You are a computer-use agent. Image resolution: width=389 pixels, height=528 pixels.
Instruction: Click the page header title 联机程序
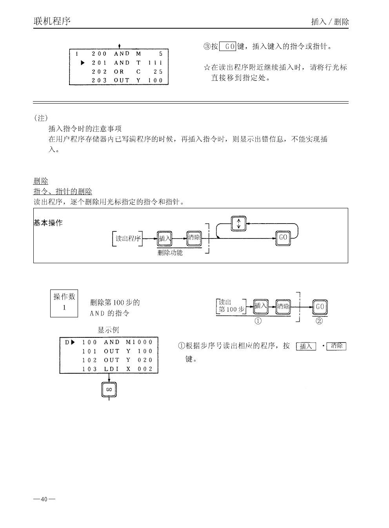[52, 21]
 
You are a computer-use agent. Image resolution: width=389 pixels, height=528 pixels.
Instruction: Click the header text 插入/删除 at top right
[329, 22]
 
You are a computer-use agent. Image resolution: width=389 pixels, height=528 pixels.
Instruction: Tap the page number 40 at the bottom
[44, 499]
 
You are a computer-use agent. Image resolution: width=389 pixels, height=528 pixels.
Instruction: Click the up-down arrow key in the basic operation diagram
[238, 223]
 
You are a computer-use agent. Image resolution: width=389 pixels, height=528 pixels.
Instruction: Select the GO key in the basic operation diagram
[283, 237]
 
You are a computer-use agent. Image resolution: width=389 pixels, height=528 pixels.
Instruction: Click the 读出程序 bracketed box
[127, 238]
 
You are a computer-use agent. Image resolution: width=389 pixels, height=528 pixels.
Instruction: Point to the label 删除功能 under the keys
[170, 253]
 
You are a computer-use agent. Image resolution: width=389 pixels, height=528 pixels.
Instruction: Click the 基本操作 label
[48, 223]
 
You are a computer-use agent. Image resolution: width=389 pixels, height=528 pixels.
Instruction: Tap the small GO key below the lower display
[109, 390]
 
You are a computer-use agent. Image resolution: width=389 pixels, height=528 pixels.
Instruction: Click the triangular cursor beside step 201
[83, 63]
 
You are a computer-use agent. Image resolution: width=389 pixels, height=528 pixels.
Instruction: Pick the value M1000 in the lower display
[139, 342]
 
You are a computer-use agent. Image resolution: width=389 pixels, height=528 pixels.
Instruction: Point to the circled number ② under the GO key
[319, 321]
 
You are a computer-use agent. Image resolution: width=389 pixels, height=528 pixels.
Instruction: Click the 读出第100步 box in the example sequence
[231, 306]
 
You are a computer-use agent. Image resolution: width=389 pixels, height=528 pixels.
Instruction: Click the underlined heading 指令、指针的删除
[63, 191]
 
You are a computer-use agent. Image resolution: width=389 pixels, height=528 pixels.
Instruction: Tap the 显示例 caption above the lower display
[108, 330]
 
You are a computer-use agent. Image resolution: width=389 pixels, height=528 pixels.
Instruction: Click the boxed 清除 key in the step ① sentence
[336, 346]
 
